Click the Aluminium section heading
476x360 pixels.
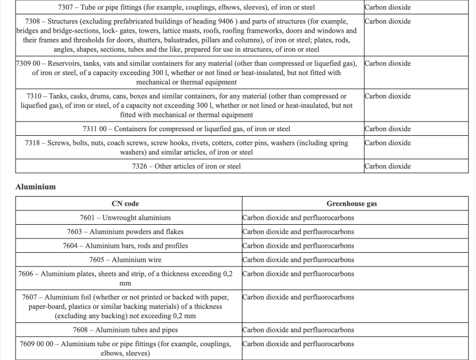35,186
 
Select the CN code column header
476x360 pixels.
125,204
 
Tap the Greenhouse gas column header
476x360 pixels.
352,204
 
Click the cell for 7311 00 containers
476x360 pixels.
186,129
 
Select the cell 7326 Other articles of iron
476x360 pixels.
186,166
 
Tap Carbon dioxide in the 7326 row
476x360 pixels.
388,166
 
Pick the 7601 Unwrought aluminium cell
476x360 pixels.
125,218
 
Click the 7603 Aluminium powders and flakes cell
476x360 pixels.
125,232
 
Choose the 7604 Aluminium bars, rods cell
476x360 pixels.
125,246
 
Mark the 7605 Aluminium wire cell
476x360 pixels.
125,260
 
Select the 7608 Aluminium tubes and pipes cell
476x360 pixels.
125,330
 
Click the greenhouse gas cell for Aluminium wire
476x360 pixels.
298,260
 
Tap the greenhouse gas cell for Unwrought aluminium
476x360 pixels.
298,218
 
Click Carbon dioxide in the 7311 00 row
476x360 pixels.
388,129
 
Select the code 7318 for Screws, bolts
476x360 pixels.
37,143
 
